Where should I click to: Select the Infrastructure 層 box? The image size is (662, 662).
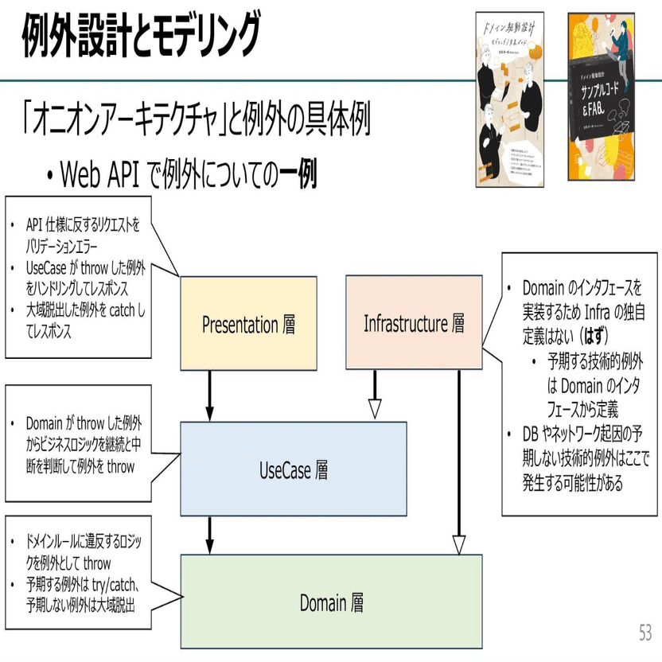click(414, 323)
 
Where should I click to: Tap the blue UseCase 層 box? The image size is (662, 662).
click(294, 469)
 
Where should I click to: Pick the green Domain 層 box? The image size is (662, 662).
click(332, 602)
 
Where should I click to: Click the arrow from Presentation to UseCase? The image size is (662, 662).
click(210, 394)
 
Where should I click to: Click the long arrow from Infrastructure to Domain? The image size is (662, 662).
click(459, 461)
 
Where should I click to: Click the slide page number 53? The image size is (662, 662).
click(644, 633)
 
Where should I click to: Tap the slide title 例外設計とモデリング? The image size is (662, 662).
click(142, 35)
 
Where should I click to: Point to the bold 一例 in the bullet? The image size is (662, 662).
click(298, 173)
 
